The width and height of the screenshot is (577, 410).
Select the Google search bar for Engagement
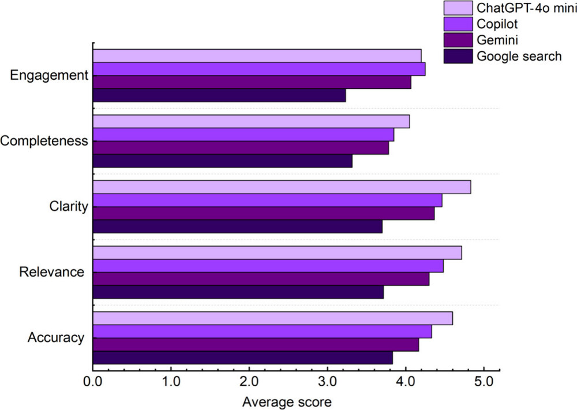pyautogui.click(x=219, y=95)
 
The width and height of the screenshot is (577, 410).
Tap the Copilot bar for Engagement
pyautogui.click(x=259, y=69)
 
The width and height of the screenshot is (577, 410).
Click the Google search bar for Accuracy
pyautogui.click(x=242, y=358)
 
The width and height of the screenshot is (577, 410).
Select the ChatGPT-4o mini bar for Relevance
pyautogui.click(x=277, y=253)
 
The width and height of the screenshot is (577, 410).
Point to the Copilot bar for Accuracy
pyautogui.click(x=262, y=331)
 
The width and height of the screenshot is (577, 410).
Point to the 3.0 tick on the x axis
pyautogui.click(x=327, y=370)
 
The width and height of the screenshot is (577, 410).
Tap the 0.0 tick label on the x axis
pyautogui.click(x=93, y=382)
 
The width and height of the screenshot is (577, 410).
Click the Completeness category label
pyautogui.click(x=44, y=141)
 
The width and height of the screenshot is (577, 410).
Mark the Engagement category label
pyautogui.click(x=50, y=76)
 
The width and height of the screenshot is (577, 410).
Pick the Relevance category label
pyautogui.click(x=52, y=272)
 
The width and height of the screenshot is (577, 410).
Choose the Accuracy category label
pyautogui.click(x=56, y=338)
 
